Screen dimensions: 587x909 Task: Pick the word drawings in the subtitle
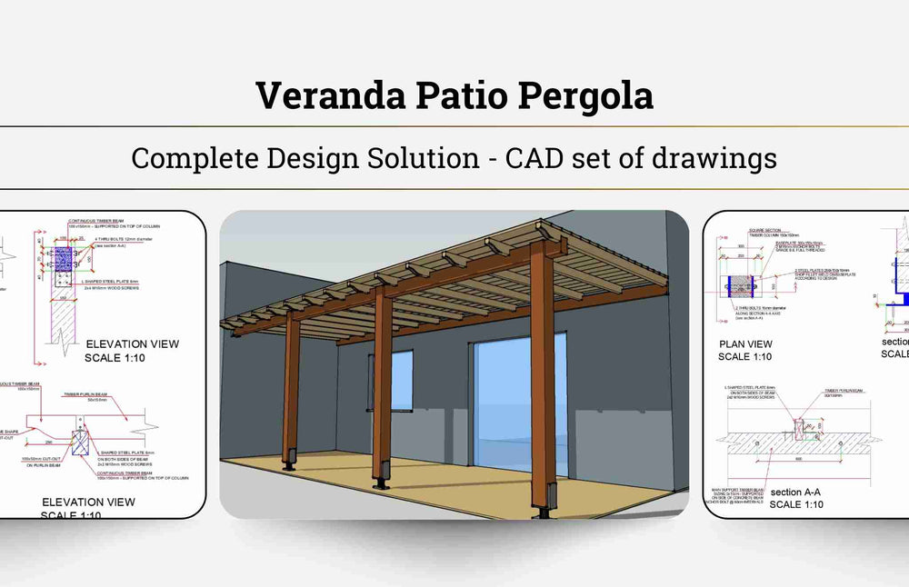point(714,157)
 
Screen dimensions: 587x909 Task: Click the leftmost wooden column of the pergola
point(291,391)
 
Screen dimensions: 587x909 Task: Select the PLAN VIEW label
point(745,343)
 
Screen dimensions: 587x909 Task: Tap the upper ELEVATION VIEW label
point(132,343)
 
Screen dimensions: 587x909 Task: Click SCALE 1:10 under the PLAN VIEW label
point(746,356)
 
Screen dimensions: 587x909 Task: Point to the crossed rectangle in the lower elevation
point(79,443)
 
